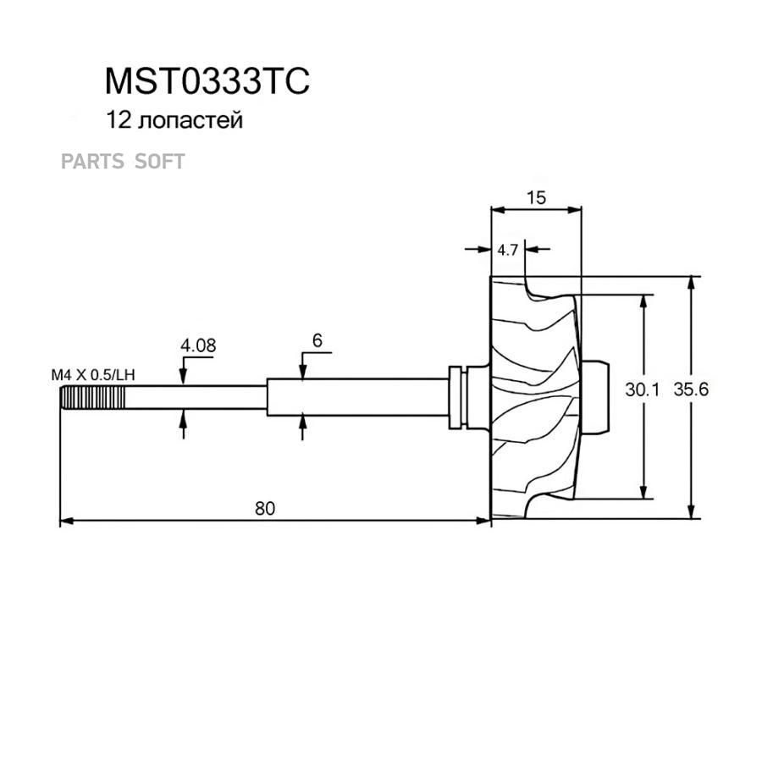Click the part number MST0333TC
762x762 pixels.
(x=207, y=81)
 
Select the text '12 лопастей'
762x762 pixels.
(x=174, y=120)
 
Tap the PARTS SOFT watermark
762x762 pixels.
(x=122, y=161)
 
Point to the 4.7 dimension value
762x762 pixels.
(x=508, y=250)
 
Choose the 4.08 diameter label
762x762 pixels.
(x=197, y=345)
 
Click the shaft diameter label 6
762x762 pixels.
(x=317, y=340)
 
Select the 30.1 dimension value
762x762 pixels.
(x=642, y=390)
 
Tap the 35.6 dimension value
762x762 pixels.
(x=691, y=390)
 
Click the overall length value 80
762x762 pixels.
(x=265, y=508)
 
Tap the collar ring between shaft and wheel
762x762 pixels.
(x=458, y=396)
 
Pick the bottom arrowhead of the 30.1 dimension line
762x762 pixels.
(x=645, y=494)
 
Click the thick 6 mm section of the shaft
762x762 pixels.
(x=356, y=396)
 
